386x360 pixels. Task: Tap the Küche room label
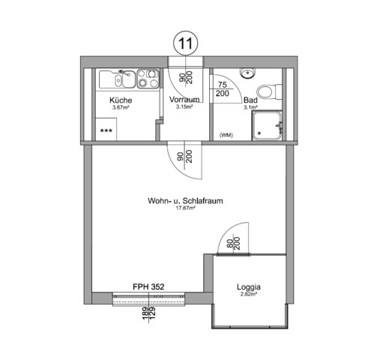121,100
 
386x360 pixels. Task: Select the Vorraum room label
184,100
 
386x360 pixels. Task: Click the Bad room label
250,100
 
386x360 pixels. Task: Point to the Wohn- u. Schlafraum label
187,201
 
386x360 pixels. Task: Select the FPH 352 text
148,286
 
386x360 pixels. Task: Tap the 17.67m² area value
186,208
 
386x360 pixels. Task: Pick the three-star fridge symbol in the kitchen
107,130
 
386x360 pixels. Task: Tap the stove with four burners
146,76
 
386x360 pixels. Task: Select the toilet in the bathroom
278,91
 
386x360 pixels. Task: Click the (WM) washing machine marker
225,135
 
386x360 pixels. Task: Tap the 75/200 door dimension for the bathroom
223,90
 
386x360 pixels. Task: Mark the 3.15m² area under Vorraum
184,107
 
